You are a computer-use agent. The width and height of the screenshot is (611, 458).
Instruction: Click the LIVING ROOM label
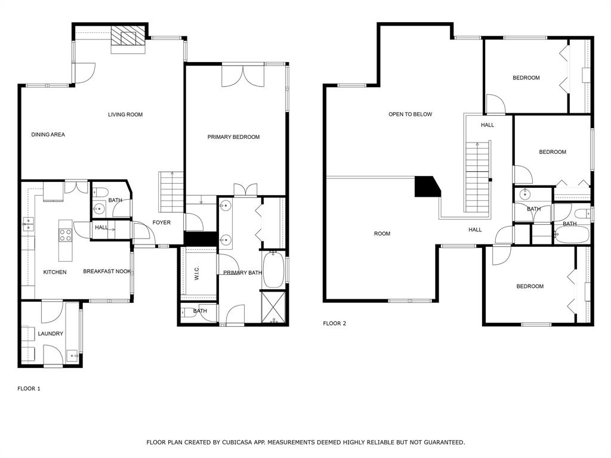[x=125, y=114]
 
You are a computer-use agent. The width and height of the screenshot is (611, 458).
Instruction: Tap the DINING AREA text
[x=48, y=135]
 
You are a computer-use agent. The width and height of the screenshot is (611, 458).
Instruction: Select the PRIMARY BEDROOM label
[x=233, y=137]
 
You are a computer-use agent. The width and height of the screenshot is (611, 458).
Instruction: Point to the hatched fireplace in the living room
[x=128, y=37]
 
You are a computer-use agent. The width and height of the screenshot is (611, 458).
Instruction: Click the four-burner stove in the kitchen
[x=65, y=231]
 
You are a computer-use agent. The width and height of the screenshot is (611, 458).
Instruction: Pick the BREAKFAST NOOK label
[x=107, y=272]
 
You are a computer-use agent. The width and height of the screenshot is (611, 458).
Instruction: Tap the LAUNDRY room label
[x=50, y=334]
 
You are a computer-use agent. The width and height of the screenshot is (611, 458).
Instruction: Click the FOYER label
[x=161, y=223]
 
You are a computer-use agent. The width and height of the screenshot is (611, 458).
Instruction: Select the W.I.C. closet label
[x=198, y=274]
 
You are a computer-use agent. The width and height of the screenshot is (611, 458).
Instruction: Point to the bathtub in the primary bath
[x=274, y=270]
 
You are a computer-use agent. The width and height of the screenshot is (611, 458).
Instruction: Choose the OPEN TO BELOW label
[x=410, y=114]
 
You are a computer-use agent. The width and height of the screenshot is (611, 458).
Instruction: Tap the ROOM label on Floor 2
[x=382, y=234]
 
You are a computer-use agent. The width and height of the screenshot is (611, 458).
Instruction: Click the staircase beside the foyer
[x=171, y=191]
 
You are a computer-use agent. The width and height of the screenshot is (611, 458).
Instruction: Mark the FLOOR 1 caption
[x=29, y=389]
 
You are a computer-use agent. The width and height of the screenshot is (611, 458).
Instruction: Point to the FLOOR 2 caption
[x=334, y=324]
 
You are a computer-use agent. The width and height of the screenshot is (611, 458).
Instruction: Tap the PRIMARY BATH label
[x=242, y=273]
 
